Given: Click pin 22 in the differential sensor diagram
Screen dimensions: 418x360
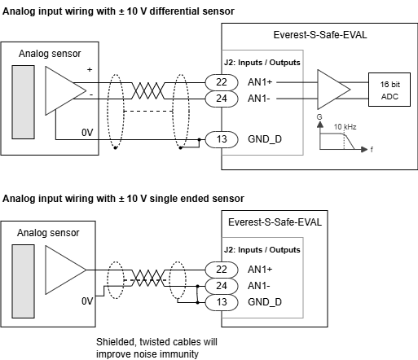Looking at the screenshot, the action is pos(222,82).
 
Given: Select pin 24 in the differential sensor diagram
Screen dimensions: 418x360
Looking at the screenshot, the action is pos(222,99).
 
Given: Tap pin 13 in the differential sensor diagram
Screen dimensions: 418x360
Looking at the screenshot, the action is pos(222,139).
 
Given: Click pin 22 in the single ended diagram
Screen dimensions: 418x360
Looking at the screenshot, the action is pos(222,270).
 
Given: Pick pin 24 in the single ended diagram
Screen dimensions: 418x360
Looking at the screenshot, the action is pos(222,286).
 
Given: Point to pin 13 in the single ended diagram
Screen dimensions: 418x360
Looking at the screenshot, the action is pos(222,302).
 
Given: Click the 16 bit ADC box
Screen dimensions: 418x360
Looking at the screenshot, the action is pos(389,90).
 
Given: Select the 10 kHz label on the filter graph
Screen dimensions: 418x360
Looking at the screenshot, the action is pos(345,127).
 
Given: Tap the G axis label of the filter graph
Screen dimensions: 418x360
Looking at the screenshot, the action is pos(319,117).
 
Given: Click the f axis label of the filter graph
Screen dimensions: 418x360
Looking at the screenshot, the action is pos(372,149).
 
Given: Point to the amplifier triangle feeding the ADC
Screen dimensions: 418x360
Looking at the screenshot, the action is pos(334,90).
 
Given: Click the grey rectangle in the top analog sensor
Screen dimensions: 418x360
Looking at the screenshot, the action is pos(23,103).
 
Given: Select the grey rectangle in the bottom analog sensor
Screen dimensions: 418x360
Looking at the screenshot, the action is pos(23,281).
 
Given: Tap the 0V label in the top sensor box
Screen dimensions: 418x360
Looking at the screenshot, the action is pos(87,133).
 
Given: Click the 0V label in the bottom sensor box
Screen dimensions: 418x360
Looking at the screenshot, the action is pos(87,301).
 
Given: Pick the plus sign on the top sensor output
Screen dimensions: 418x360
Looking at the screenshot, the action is pos(90,70).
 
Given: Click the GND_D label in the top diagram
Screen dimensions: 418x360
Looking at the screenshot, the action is pos(265,139).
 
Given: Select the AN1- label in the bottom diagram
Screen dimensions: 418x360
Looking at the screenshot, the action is pos(258,286).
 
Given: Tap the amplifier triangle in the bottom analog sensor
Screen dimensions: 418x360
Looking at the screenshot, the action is pos(66,270).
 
